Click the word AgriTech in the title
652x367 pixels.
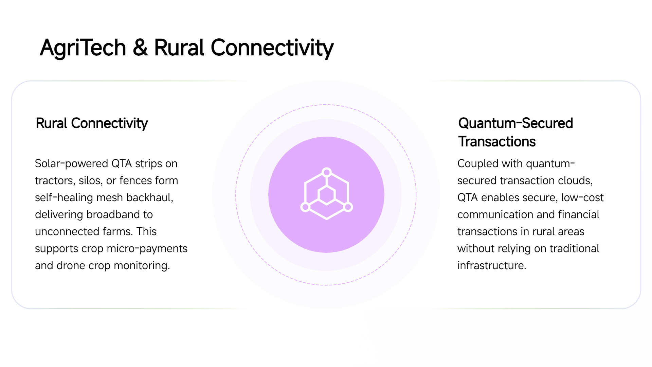click(83, 48)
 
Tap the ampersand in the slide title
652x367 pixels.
click(140, 47)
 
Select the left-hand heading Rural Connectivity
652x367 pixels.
click(92, 123)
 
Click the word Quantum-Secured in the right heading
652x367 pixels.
click(515, 123)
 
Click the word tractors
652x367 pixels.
click(55, 180)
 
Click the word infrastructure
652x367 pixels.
click(492, 265)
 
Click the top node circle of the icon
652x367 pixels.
click(327, 172)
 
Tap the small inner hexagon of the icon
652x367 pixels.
click(327, 195)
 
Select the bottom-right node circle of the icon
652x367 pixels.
click(348, 207)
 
